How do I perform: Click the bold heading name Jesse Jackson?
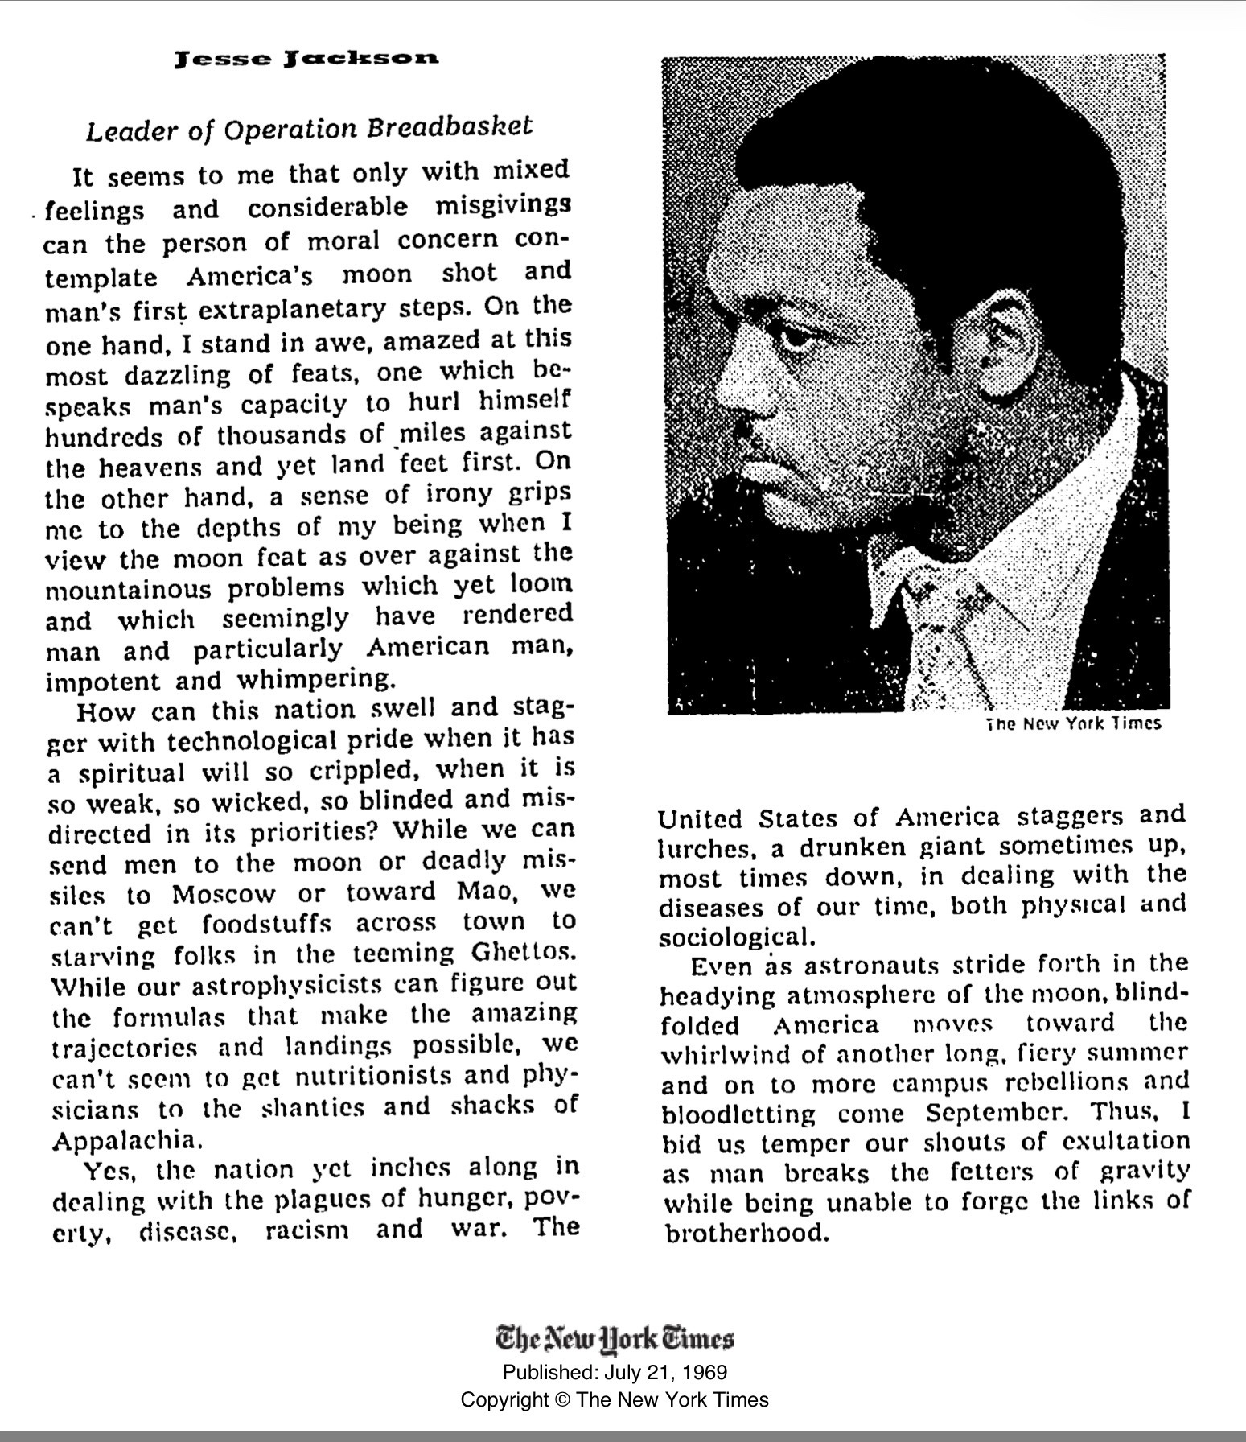tap(308, 60)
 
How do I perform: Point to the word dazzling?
tap(176, 375)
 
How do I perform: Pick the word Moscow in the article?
tap(224, 894)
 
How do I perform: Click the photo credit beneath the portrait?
tap(1074, 723)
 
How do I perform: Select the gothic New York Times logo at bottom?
tap(615, 1338)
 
